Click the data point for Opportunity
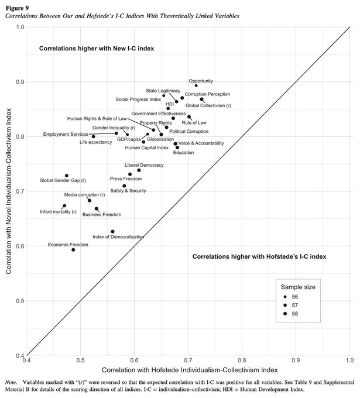(196, 85)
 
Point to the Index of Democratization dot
(112, 232)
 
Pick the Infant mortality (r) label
(58, 211)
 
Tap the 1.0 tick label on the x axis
(349, 362)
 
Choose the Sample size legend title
(297, 287)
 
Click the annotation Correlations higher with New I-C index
(97, 49)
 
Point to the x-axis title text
(188, 371)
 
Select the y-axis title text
(8, 191)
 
